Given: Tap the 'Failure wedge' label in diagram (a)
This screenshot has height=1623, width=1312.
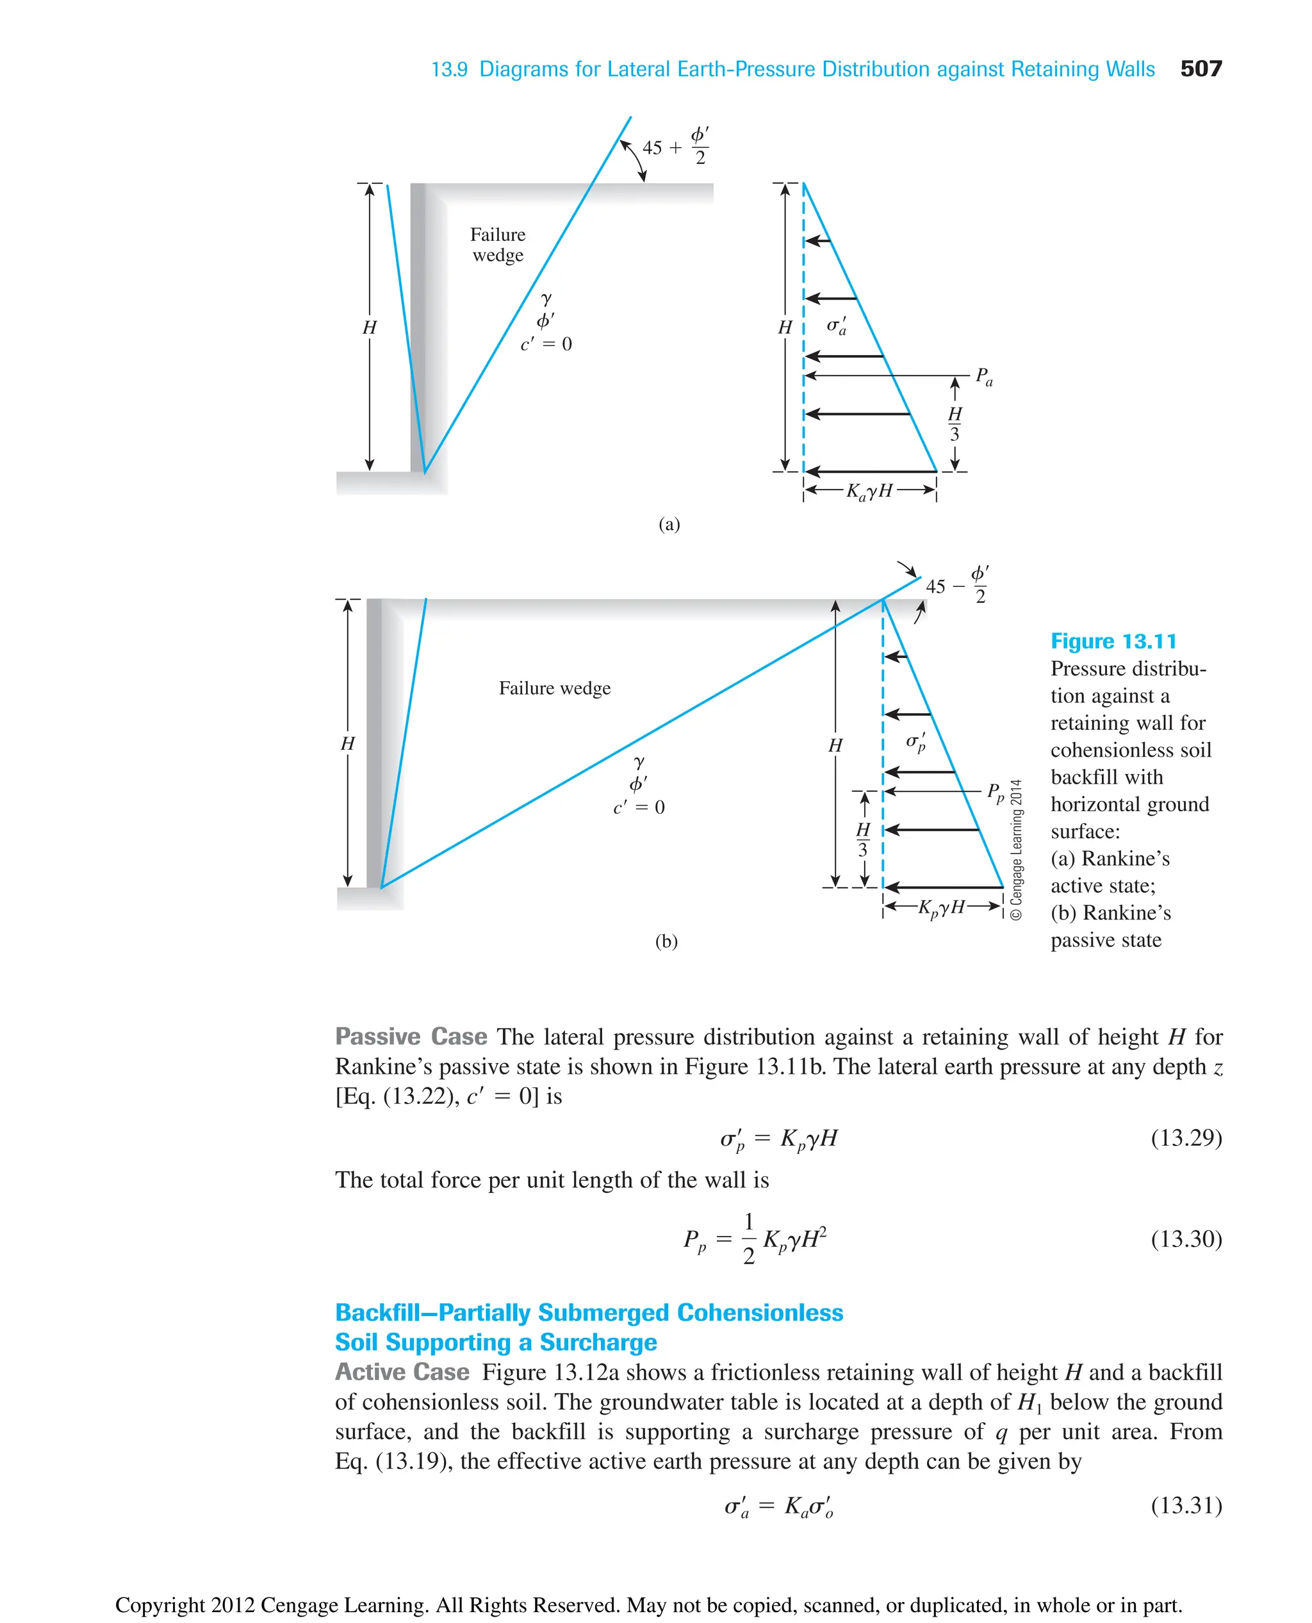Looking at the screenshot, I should coord(497,245).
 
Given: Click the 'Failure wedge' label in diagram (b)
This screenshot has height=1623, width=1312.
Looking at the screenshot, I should coord(554,688).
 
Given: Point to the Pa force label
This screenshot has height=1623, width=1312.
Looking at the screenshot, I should coord(983,375).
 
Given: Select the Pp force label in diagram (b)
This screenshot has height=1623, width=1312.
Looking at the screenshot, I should coord(996,792).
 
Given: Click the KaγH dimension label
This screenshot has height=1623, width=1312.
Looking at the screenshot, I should coord(869,492).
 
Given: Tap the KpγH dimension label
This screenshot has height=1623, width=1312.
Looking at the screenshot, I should coord(942,907).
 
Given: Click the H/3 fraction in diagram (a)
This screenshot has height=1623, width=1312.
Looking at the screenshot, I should coord(955,424).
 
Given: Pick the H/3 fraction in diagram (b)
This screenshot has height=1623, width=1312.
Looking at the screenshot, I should coord(863,839).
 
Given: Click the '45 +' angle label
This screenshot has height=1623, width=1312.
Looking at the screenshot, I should coord(661,147).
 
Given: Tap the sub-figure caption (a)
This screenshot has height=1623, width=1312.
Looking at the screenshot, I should coord(669,524).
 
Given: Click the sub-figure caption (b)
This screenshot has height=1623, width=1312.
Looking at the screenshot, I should coord(666,941).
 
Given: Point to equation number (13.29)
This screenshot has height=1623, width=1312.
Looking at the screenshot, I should coord(1186,1138).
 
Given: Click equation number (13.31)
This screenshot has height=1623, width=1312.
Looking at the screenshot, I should coord(1186,1505).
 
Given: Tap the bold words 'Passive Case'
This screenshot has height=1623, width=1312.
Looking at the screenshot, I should coord(411,1036).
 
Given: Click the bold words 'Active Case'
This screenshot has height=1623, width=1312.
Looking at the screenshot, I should coord(402,1371).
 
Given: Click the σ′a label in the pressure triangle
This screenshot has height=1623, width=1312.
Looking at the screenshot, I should coord(836,325).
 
